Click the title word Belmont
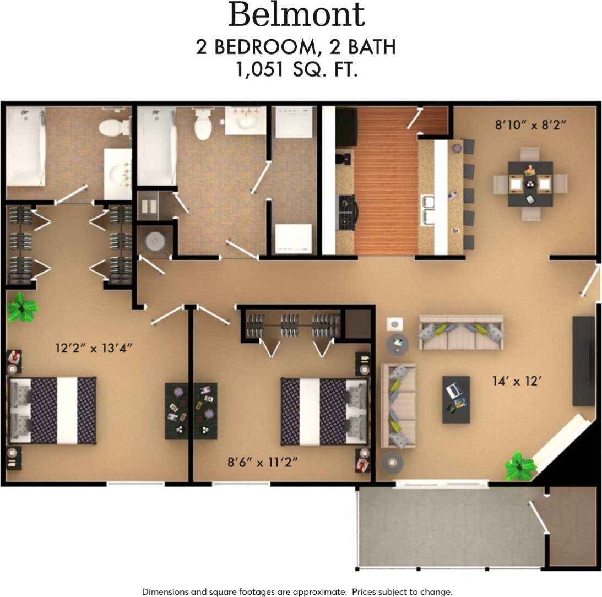[296, 15]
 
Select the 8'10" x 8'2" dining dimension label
[531, 125]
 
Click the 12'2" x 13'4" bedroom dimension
[94, 348]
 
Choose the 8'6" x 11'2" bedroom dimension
[263, 461]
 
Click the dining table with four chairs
[530, 183]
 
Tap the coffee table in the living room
[456, 399]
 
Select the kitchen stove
[347, 212]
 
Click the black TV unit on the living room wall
[583, 361]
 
